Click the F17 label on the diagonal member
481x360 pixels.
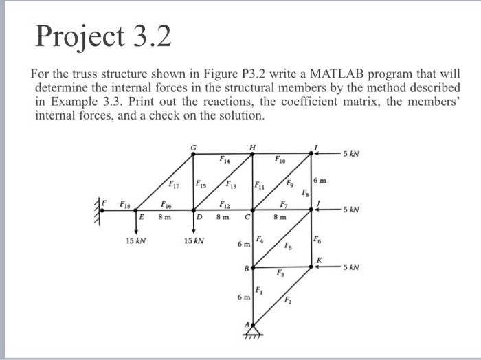(175, 184)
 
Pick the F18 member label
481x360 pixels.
(126, 204)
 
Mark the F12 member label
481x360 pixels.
(224, 204)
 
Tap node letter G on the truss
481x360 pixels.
(193, 146)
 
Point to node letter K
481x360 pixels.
(318, 259)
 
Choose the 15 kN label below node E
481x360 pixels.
(135, 241)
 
